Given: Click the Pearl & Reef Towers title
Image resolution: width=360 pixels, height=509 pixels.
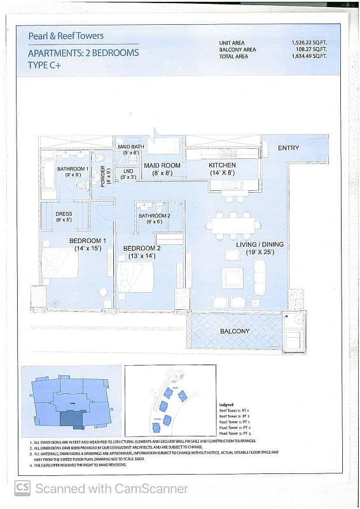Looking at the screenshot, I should click(x=66, y=36).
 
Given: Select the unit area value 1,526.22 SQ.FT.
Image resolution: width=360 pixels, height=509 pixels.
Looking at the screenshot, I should click(x=310, y=43).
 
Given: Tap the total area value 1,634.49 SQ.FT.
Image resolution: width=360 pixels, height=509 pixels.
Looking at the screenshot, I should click(x=310, y=56).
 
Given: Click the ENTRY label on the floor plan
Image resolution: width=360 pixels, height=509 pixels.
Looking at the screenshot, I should click(x=288, y=148).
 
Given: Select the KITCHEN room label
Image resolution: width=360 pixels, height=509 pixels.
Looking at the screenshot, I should click(x=222, y=165).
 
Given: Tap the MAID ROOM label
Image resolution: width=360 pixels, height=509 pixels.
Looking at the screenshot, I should click(x=162, y=165).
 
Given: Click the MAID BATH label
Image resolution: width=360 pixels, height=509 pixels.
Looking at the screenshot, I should click(x=131, y=147).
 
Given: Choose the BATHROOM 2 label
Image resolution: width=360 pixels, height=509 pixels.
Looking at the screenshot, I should click(x=155, y=216).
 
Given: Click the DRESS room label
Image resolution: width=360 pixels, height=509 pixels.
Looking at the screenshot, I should click(x=64, y=214).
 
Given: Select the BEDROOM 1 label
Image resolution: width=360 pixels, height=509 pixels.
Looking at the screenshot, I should click(x=87, y=241).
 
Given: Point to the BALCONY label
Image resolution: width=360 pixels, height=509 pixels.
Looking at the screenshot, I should click(x=235, y=331).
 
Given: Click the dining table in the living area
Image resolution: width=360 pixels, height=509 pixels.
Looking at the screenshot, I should click(x=233, y=225).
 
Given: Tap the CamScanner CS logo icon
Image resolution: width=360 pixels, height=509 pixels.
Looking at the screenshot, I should click(x=22, y=489).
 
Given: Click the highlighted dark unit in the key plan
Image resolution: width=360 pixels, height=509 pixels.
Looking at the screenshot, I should click(x=71, y=418).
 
